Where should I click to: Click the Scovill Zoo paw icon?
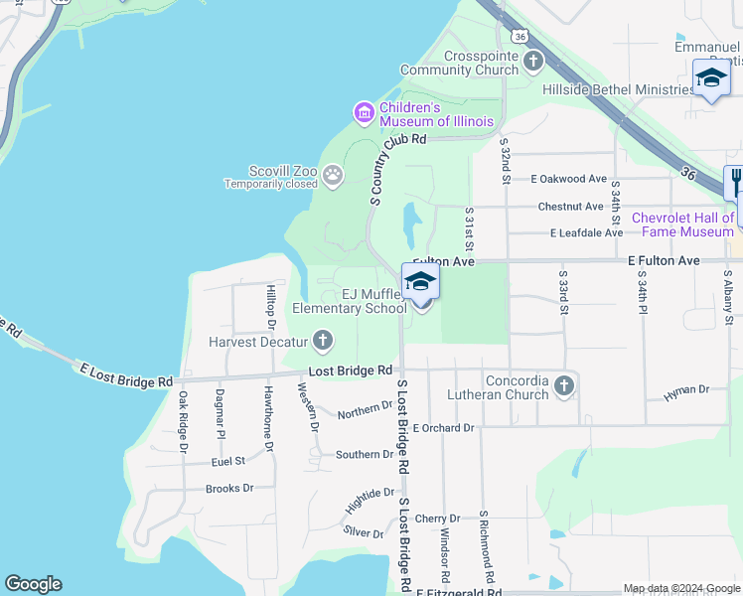[333, 177]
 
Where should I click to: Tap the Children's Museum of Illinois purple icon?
[365, 113]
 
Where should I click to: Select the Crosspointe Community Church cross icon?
[533, 63]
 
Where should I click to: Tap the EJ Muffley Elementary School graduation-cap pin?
[420, 282]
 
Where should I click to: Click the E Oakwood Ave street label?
[568, 180]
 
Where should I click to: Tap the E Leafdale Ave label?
[587, 233]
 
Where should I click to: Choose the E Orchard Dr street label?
[443, 428]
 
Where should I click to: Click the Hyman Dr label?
[686, 391]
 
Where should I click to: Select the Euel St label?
[227, 462]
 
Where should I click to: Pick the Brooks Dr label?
[229, 489]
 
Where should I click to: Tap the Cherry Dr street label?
[437, 519]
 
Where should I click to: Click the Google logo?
[34, 584]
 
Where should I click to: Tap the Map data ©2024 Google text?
[680, 588]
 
